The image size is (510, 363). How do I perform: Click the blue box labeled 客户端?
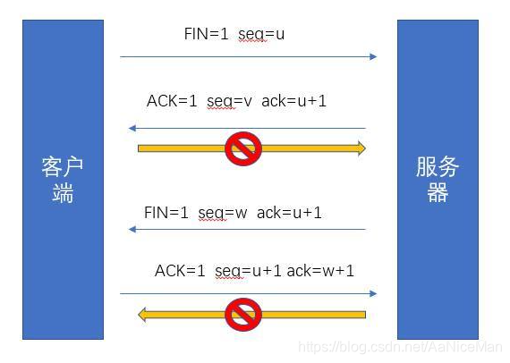point(63,179)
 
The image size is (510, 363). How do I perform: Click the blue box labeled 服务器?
point(438,179)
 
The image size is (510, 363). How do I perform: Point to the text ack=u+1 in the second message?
point(294,101)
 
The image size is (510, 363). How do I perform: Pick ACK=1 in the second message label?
point(172,101)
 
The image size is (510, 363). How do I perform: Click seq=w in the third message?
point(224,213)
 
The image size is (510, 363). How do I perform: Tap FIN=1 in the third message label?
point(166,213)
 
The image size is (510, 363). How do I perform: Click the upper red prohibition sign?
point(242,148)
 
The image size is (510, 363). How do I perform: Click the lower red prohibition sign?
point(242,314)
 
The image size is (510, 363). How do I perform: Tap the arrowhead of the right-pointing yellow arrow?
point(360,148)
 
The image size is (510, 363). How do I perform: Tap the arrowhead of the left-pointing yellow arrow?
point(143,314)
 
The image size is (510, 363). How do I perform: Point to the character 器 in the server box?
point(438,192)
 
